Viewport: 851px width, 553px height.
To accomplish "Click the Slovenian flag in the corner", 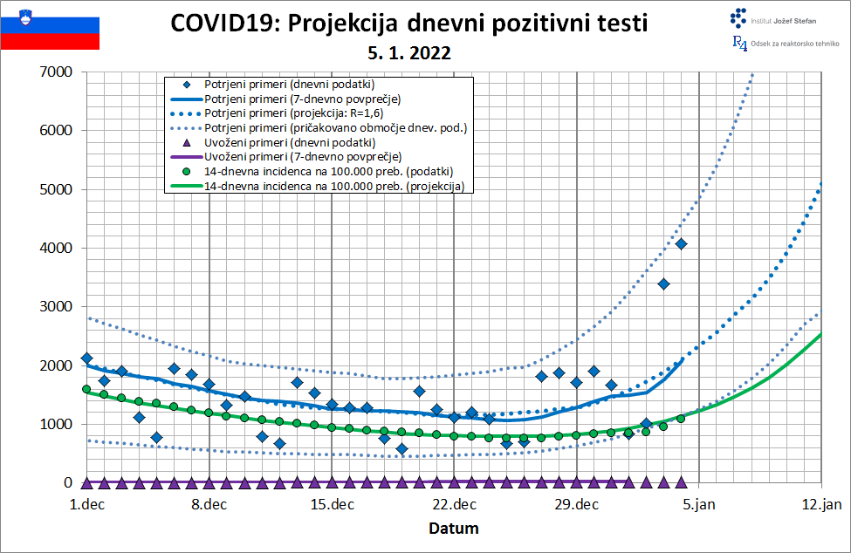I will point(50,25).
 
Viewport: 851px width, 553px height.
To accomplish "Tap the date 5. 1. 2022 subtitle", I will point(409,52).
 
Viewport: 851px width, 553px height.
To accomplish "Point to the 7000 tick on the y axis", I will point(56,72).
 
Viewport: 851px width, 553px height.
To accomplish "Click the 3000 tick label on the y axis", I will point(56,307).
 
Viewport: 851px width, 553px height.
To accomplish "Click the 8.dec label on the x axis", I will point(209,503).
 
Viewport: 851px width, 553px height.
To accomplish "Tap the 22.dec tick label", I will point(454,503).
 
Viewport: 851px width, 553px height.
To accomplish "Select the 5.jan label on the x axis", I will point(699,503).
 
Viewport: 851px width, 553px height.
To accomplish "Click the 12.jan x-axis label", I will point(821,503).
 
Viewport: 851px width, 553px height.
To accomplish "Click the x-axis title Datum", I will point(453,528).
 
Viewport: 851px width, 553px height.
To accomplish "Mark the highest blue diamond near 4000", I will point(681,243).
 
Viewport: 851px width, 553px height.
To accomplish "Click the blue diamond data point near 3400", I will point(663,283).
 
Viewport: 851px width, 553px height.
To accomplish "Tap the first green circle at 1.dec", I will point(86,389).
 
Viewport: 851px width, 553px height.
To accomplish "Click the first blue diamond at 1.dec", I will point(86,358).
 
